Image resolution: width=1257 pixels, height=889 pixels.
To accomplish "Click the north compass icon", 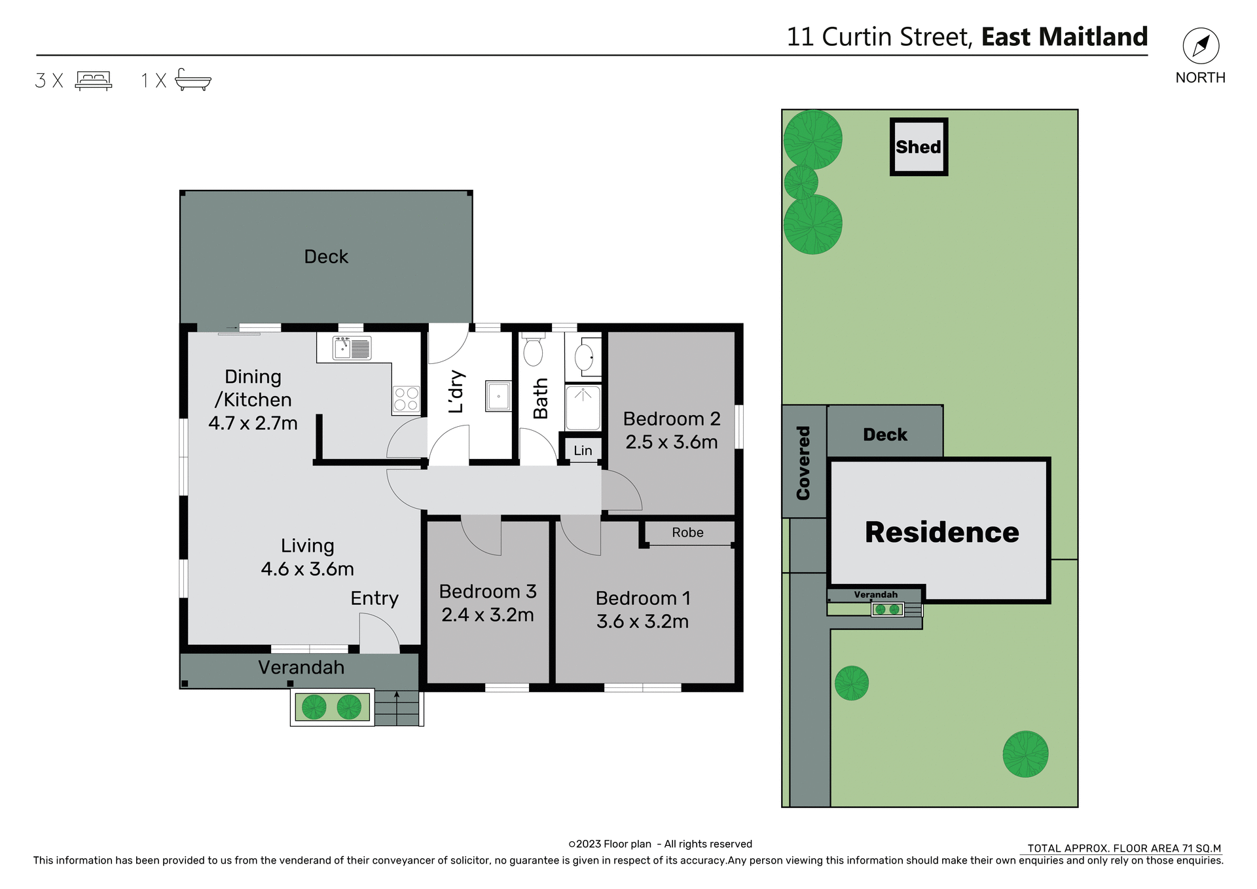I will click(x=1201, y=46).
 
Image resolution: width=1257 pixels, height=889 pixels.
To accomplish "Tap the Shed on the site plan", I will click(x=919, y=147).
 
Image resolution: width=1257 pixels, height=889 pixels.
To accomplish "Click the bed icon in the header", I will click(x=94, y=81).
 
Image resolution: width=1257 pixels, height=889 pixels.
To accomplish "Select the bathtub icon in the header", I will click(x=193, y=79).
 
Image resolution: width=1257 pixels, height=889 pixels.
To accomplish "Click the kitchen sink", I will click(x=352, y=348).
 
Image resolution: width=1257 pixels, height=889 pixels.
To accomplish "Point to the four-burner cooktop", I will click(x=405, y=399).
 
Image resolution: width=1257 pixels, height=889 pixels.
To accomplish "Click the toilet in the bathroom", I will click(x=533, y=351).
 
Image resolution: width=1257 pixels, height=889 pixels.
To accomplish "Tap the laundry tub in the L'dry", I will click(x=498, y=396).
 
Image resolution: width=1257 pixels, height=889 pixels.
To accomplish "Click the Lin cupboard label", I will click(x=583, y=450).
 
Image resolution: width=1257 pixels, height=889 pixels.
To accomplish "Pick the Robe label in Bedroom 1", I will click(x=687, y=533).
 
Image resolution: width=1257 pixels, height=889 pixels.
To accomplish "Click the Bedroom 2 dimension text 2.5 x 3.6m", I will click(x=671, y=443).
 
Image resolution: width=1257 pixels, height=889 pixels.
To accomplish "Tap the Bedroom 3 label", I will click(x=488, y=592).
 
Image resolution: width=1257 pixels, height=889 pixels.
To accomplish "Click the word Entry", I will click(x=374, y=598).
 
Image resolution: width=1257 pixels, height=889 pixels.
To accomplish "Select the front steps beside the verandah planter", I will click(x=397, y=708).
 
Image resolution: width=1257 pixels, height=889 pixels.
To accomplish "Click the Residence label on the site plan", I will click(x=941, y=532).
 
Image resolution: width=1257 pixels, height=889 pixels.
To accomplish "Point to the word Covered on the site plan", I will click(x=803, y=463).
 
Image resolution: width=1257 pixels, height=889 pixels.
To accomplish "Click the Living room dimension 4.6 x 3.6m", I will click(x=307, y=569).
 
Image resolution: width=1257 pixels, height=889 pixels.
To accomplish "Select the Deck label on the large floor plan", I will click(x=326, y=257).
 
